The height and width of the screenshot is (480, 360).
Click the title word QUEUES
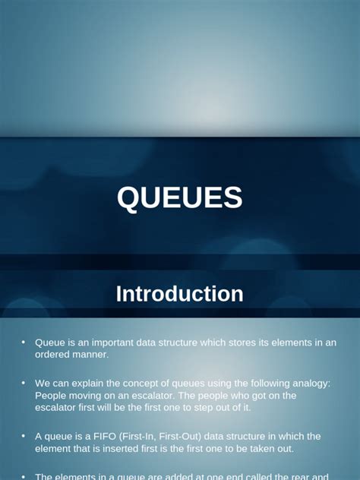(180, 198)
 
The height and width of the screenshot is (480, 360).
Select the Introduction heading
(180, 294)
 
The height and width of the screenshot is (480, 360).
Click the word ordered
(52, 354)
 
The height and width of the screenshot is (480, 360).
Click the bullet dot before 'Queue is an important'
(24, 343)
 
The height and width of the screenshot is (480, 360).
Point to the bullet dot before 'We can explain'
(24, 384)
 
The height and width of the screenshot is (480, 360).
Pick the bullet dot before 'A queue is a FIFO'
(24, 437)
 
